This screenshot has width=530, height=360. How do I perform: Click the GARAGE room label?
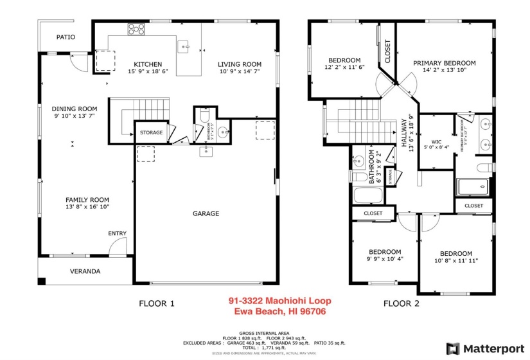[206, 213]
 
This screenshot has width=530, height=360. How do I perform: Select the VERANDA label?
[85, 271]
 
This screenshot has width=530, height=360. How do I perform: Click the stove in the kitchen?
[136, 28]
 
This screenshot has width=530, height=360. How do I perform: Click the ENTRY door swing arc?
[116, 245]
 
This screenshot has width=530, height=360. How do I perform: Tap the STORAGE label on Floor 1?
[151, 133]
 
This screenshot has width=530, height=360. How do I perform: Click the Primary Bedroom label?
[444, 63]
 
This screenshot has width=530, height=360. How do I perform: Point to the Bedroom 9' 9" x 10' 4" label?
[384, 252]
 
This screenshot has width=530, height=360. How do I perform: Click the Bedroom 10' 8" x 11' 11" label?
[455, 254]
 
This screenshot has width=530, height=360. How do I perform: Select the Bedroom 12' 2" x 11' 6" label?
[344, 60]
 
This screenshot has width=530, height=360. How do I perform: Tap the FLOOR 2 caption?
[401, 303]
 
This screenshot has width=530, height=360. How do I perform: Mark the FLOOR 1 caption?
[157, 303]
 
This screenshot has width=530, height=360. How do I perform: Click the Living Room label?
[240, 64]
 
